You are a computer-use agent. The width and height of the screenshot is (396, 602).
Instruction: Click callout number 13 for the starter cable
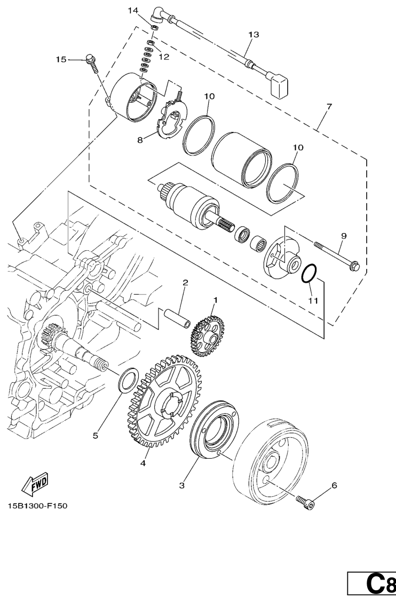tap(254, 35)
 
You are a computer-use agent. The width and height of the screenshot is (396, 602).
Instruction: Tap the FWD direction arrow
tap(35, 482)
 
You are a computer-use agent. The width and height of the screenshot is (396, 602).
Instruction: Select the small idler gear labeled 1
tap(207, 336)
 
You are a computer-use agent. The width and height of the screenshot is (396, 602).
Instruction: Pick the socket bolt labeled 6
tap(305, 502)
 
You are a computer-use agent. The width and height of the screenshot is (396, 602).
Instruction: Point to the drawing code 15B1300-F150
tap(37, 506)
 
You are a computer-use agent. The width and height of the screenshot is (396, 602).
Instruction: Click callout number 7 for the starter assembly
tap(329, 106)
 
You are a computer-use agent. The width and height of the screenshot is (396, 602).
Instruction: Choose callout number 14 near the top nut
tap(133, 11)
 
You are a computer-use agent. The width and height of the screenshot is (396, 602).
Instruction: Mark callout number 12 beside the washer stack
tap(164, 57)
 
